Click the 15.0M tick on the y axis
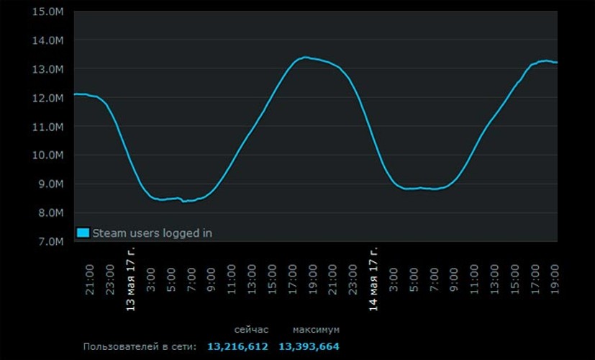click(x=49, y=12)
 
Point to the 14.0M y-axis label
click(x=49, y=40)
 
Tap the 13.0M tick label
click(x=49, y=69)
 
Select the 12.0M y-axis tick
click(x=49, y=98)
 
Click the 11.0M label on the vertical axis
click(x=49, y=127)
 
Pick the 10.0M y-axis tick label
click(x=49, y=156)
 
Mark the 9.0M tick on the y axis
click(x=51, y=184)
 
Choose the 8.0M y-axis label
click(x=51, y=213)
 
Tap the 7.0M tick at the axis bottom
click(x=51, y=242)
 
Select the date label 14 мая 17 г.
click(x=373, y=276)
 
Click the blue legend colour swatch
click(x=83, y=233)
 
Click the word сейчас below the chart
click(x=251, y=330)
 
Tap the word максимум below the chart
click(x=316, y=330)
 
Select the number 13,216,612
click(x=237, y=347)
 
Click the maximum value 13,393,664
click(x=309, y=347)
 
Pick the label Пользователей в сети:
click(x=140, y=347)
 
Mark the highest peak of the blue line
click(x=305, y=57)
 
